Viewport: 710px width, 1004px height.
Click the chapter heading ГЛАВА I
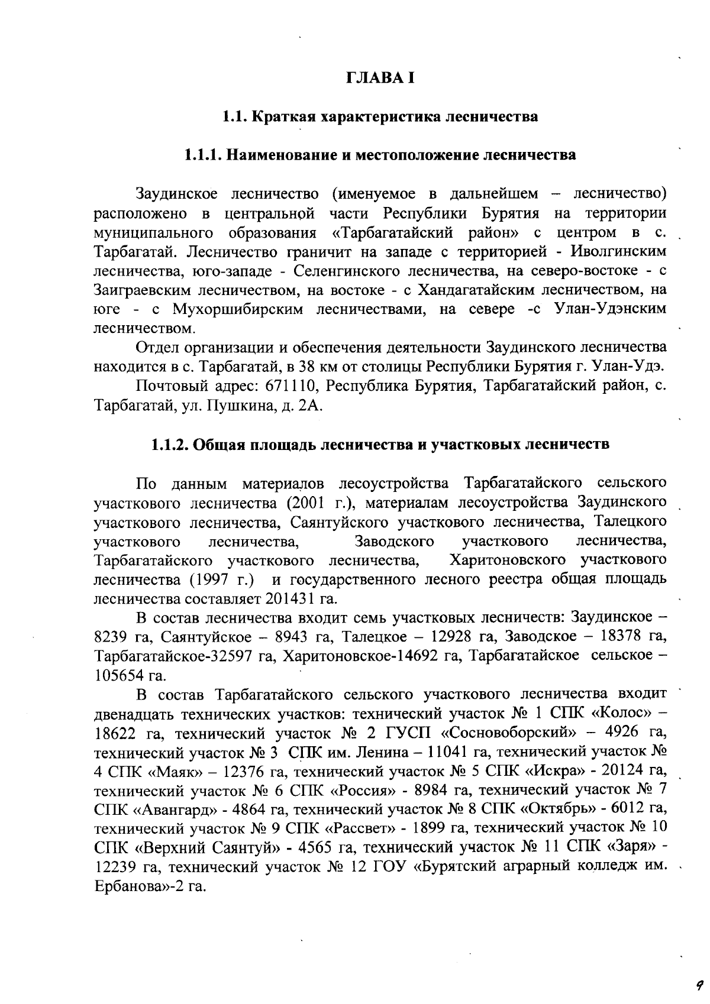coord(380,77)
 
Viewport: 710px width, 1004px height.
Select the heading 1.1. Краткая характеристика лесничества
coord(380,116)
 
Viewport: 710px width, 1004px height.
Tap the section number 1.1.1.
coord(202,156)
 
